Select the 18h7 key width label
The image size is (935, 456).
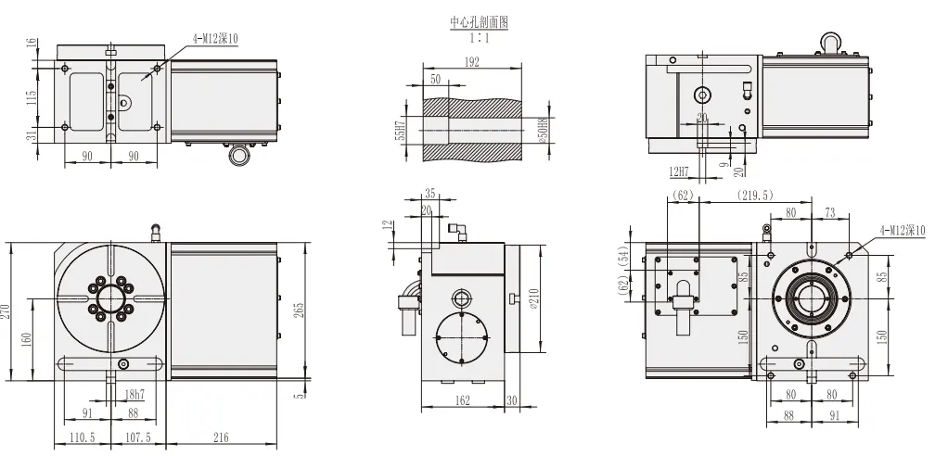133,394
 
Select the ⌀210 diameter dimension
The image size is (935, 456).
532,300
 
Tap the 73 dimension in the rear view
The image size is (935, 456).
828,212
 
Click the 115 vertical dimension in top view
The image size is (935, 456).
32,96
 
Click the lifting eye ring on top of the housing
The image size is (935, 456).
828,41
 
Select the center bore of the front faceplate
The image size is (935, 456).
110,298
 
